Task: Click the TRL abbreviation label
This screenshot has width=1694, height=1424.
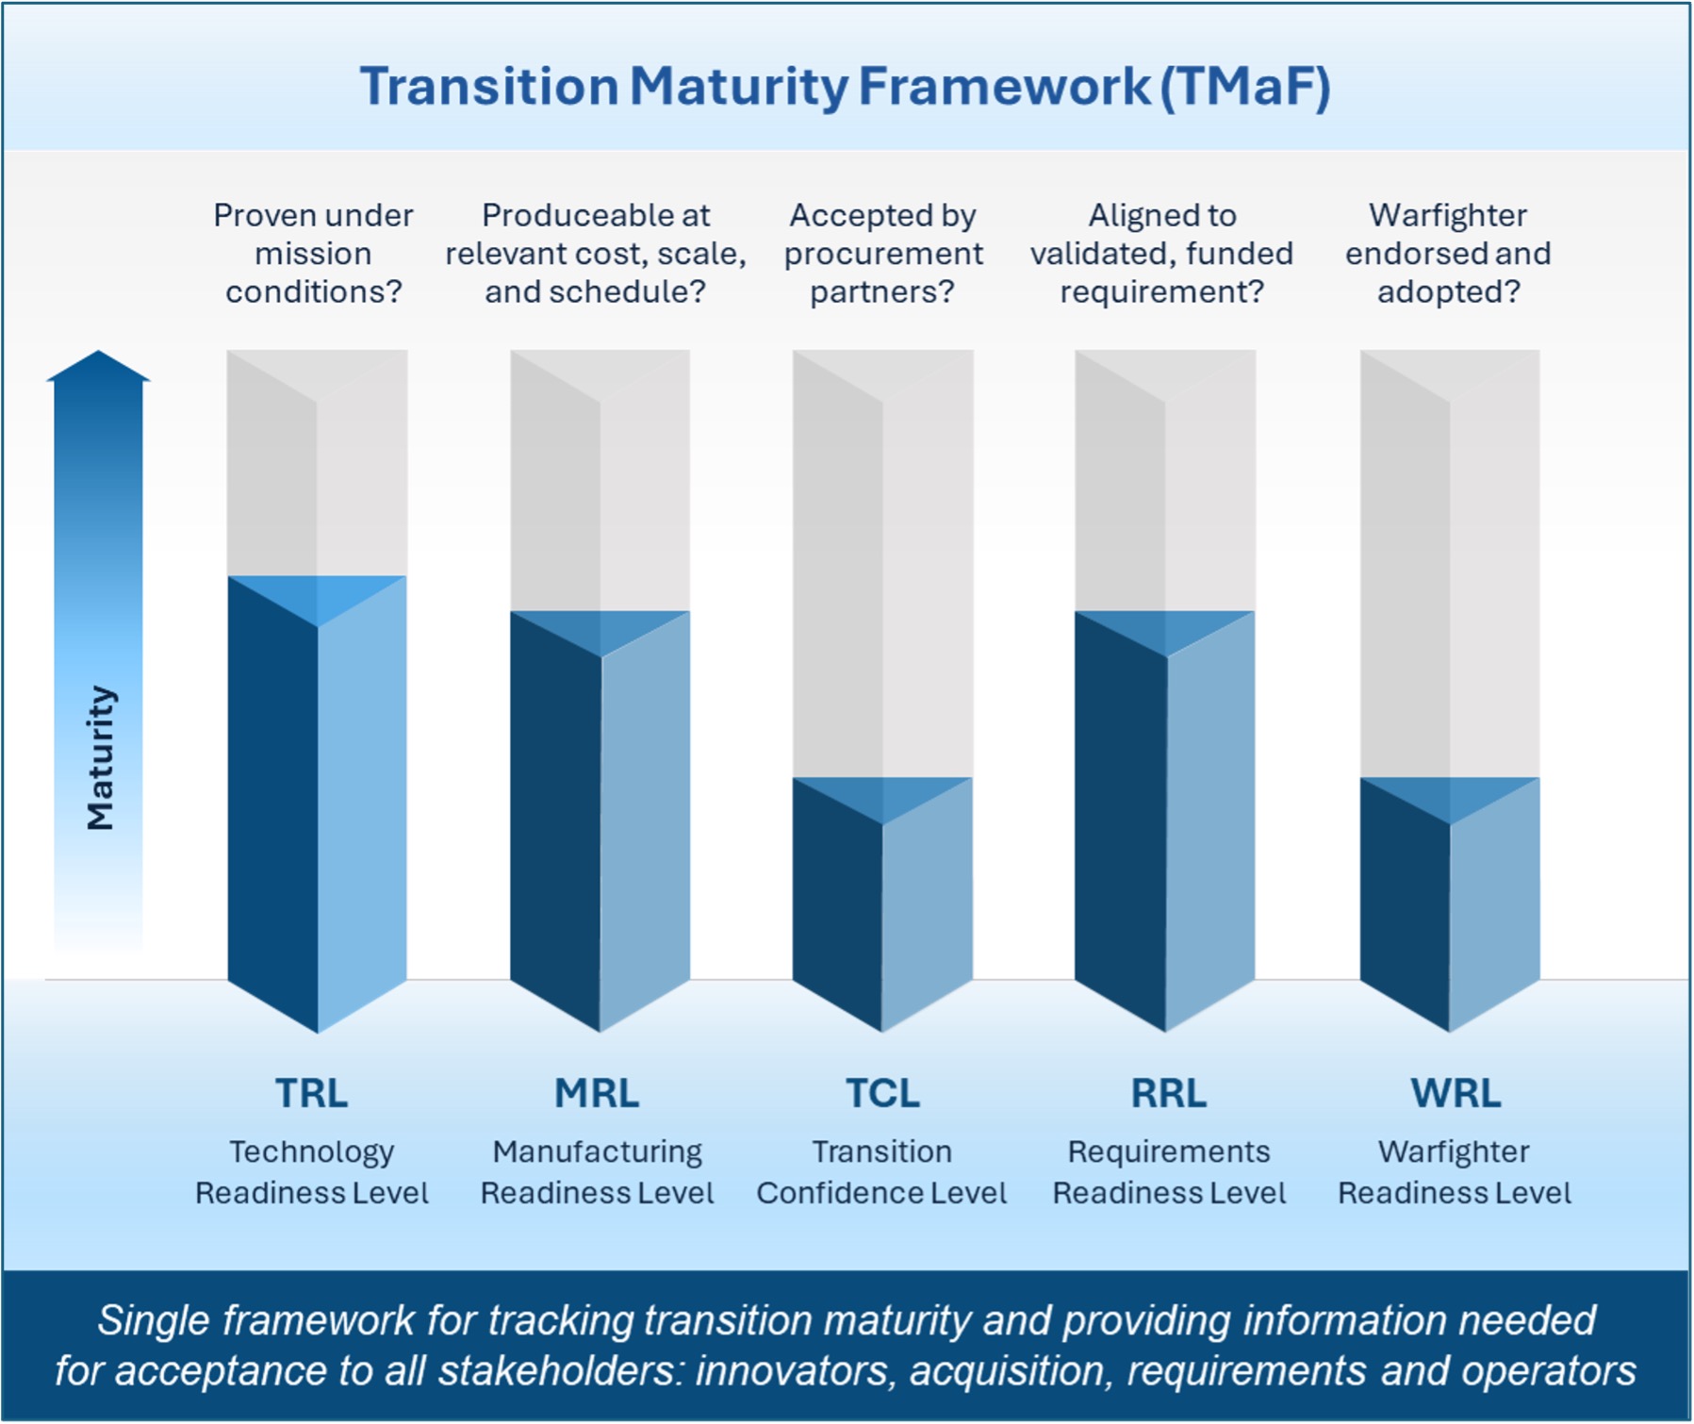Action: [x=311, y=1094]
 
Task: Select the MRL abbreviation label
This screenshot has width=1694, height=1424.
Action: [x=597, y=1094]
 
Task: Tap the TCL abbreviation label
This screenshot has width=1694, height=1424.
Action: [x=882, y=1094]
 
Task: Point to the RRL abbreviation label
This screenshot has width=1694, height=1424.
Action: [x=1169, y=1094]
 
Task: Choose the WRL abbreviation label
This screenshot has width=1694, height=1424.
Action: [x=1456, y=1094]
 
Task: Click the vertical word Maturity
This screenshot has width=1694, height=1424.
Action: [x=100, y=758]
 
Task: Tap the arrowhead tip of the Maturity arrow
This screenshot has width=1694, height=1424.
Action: [x=98, y=351]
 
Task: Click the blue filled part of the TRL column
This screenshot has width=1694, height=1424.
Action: [x=317, y=803]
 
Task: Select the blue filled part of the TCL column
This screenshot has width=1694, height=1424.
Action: [x=882, y=903]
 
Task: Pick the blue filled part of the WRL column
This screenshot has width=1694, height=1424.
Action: [x=1450, y=903]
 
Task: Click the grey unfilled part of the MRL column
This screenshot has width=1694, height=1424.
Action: [x=600, y=481]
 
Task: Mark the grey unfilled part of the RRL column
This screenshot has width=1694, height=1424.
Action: [x=1165, y=481]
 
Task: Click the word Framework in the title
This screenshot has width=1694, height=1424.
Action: [x=1004, y=87]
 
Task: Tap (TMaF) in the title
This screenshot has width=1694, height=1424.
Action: [x=1246, y=87]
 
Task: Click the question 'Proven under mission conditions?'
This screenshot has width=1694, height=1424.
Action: [x=313, y=254]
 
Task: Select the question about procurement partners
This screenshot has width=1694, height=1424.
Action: [x=883, y=254]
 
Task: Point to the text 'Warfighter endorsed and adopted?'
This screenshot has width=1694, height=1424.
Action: [x=1448, y=254]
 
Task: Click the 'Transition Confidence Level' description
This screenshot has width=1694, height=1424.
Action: [x=882, y=1172]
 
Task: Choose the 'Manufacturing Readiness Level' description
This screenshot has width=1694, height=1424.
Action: [x=597, y=1172]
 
